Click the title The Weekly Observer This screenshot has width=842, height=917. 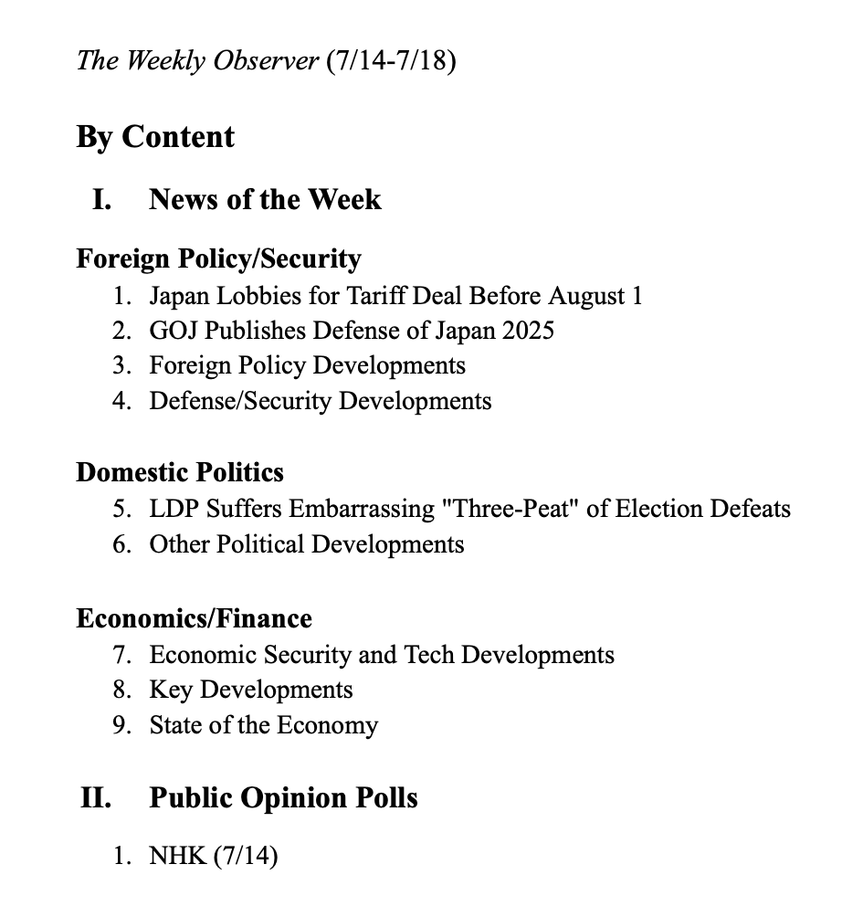click(198, 61)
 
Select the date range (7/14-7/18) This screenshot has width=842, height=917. click(390, 61)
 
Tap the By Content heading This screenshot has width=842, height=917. click(155, 137)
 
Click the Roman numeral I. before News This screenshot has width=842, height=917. click(100, 199)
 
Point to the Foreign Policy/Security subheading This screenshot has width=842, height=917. click(218, 259)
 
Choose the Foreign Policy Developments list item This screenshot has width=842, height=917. click(307, 365)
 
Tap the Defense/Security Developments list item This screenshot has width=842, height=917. click(320, 401)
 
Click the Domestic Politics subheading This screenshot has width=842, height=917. click(180, 472)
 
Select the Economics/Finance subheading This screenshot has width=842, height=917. click(194, 618)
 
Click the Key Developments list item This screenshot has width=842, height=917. click(251, 690)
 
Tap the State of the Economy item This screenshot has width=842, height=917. click(263, 725)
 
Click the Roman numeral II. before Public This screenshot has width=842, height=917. click(96, 797)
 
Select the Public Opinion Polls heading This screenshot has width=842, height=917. click(283, 797)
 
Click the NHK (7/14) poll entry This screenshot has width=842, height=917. click(214, 857)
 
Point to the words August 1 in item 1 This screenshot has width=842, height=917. click(595, 296)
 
